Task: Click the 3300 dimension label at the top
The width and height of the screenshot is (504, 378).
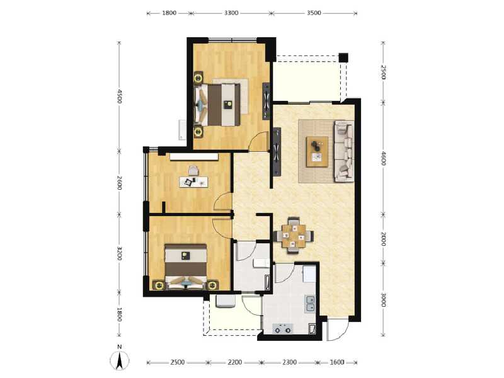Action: click(x=231, y=13)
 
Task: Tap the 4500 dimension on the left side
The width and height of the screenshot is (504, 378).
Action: click(x=119, y=96)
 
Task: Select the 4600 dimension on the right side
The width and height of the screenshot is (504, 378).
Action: click(x=383, y=158)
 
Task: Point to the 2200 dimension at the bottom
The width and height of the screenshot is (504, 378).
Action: click(x=234, y=362)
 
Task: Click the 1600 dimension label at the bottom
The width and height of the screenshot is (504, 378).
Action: click(x=337, y=362)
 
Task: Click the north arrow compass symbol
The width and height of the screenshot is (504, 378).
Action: click(x=119, y=359)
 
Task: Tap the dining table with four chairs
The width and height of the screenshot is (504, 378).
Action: click(x=294, y=235)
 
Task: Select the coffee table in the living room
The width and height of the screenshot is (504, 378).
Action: click(x=318, y=152)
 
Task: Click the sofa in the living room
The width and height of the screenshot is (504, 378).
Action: click(x=344, y=151)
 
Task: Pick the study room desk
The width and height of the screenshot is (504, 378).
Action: click(x=193, y=182)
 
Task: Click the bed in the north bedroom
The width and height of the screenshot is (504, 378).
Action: click(x=217, y=105)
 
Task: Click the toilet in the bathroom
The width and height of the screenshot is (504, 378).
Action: click(x=261, y=263)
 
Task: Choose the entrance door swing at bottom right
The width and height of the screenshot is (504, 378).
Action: click(x=337, y=330)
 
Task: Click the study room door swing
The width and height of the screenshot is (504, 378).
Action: click(x=222, y=202)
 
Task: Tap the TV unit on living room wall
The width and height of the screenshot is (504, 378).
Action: click(x=276, y=152)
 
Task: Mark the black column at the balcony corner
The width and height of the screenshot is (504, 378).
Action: click(x=343, y=57)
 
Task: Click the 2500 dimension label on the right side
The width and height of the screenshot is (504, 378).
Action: click(x=383, y=72)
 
